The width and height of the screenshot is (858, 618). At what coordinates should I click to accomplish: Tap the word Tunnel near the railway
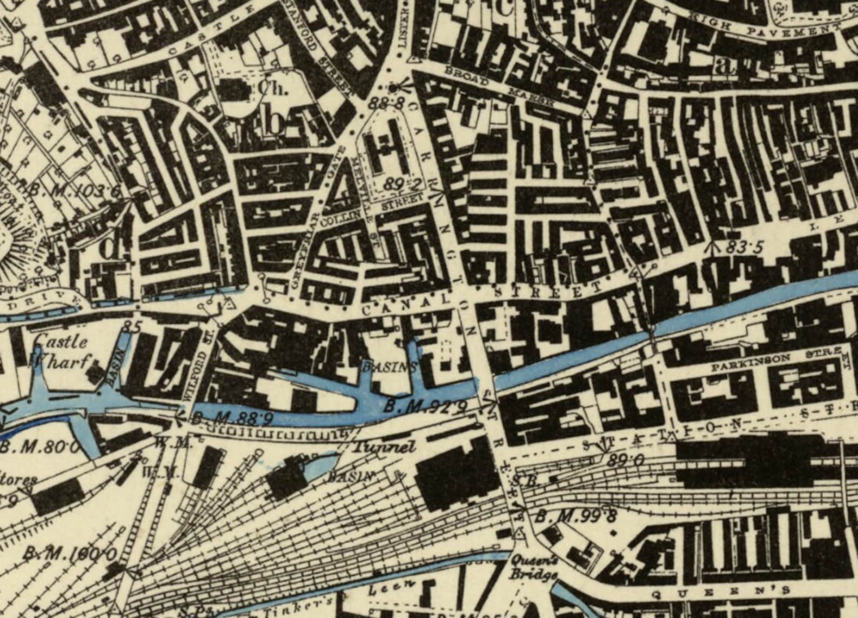[x=384, y=448]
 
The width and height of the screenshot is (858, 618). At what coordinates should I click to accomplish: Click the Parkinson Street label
[x=775, y=360]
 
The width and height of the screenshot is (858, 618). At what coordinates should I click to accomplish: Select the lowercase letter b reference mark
[x=276, y=123]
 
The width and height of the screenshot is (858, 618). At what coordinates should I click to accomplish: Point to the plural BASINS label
[x=390, y=367]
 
